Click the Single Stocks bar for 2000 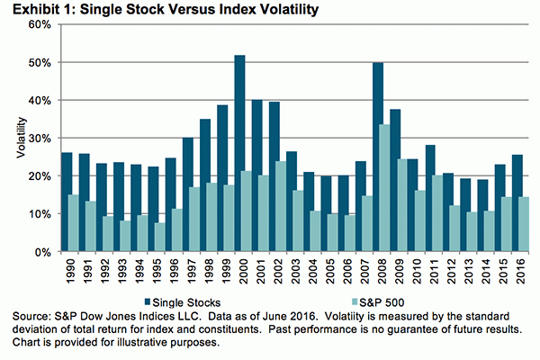240,153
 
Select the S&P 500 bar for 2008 385,188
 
